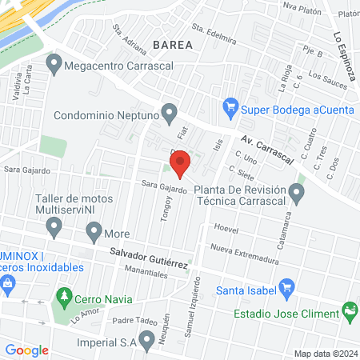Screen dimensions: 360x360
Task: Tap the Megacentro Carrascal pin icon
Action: pyautogui.click(x=54, y=62)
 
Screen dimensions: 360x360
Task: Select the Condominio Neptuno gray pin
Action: pyautogui.click(x=169, y=113)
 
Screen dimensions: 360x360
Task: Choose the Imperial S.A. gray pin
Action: pyautogui.click(x=146, y=342)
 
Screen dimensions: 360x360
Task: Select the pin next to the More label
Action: pyautogui.click(x=94, y=234)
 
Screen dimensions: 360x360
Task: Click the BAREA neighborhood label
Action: pyautogui.click(x=172, y=46)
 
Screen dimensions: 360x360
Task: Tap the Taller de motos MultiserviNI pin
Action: pyautogui.click(x=54, y=229)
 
